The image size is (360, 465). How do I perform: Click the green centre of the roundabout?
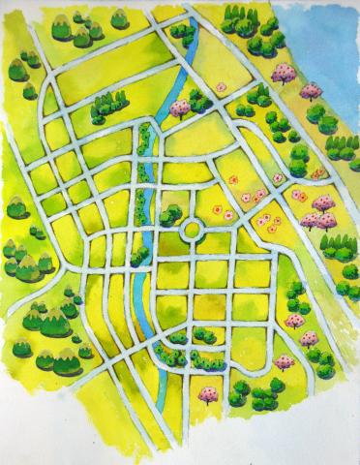(x=190, y=230)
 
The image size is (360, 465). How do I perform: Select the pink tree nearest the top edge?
(x=284, y=74)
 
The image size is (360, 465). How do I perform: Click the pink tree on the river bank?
(x=180, y=108)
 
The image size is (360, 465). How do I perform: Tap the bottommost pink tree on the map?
(x=207, y=394)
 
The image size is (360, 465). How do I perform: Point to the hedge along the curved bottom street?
(x=198, y=361)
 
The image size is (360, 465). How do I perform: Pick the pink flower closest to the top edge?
(x=221, y=87)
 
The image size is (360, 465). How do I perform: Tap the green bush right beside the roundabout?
(x=171, y=216)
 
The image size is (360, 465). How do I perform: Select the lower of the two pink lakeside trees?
(x=311, y=91)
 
